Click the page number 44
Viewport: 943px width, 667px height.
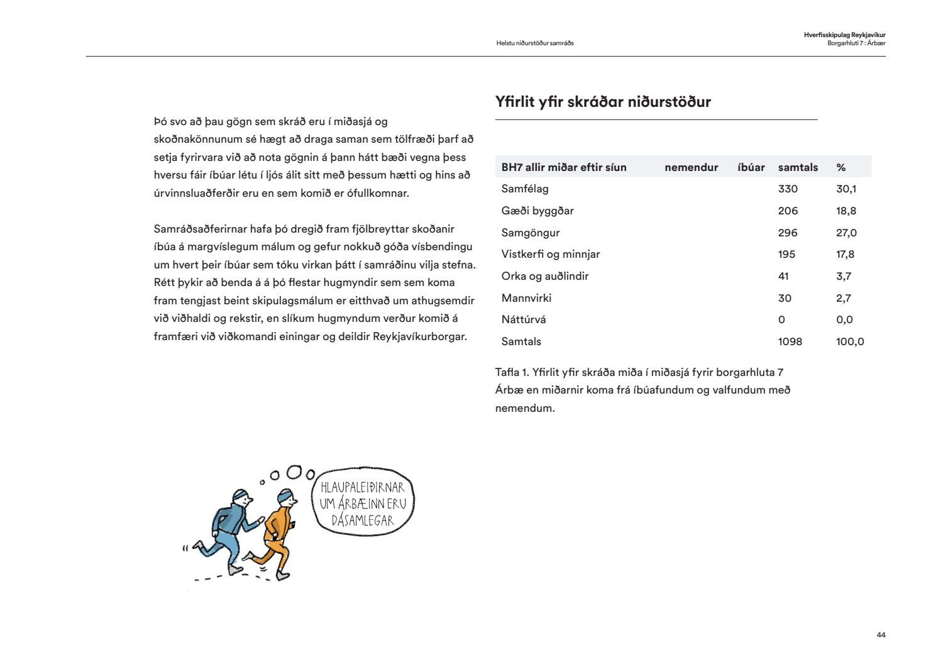[x=881, y=635]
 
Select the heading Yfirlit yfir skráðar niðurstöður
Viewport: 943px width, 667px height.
[x=602, y=102]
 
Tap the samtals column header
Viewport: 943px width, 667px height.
[x=798, y=167]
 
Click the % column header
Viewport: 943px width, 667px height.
[x=841, y=167]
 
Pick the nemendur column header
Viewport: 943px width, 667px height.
[x=691, y=167]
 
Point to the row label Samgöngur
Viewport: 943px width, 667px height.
[x=530, y=233]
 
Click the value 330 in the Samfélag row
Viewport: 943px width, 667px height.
[x=787, y=189]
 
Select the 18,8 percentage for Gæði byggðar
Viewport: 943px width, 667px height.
[x=846, y=211]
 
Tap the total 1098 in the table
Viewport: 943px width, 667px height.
[x=790, y=341]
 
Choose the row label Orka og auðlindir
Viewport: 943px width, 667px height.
[x=544, y=276]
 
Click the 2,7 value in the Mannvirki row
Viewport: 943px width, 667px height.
[x=843, y=298]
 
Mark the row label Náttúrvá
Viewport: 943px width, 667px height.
[x=523, y=319]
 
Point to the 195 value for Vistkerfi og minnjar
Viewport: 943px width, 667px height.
[x=786, y=254]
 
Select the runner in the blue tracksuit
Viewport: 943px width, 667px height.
[x=229, y=528]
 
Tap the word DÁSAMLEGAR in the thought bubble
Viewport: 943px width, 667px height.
[x=363, y=521]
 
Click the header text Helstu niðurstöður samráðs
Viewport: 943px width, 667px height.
[x=534, y=43]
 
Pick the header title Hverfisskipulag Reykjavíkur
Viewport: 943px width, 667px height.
[x=844, y=35]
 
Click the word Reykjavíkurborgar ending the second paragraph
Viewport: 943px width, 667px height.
[x=419, y=336]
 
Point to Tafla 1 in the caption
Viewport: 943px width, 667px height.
[x=511, y=372]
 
